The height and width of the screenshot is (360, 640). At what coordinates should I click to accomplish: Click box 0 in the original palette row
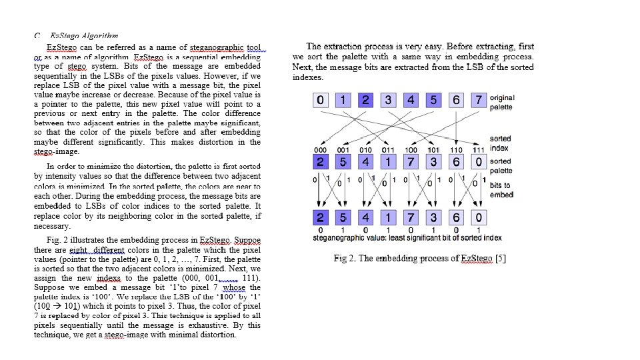pos(321,101)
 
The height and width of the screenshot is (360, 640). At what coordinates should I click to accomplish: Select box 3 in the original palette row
pos(389,101)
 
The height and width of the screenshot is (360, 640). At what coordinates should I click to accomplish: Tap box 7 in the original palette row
pos(478,101)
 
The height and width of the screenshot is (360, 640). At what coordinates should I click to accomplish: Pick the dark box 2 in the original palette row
pos(365,101)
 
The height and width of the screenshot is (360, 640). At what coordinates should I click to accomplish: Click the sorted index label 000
pos(321,150)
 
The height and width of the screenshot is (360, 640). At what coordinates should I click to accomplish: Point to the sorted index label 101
pos(434,150)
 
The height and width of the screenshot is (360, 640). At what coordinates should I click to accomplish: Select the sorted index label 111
pos(479,150)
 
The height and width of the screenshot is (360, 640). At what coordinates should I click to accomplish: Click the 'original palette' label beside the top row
pos(502,103)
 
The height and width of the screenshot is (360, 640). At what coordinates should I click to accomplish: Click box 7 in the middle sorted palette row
pos(411,162)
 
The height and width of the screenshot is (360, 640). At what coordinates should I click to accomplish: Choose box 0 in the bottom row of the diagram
pos(478,218)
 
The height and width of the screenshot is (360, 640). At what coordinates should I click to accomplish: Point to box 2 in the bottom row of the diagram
pos(321,218)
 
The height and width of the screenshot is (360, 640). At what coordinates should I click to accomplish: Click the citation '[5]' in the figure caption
pos(500,259)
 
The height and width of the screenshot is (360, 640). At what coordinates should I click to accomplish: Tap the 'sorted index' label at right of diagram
pos(500,143)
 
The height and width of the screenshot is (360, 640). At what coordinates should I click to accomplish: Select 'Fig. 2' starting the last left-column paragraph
pos(60,239)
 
